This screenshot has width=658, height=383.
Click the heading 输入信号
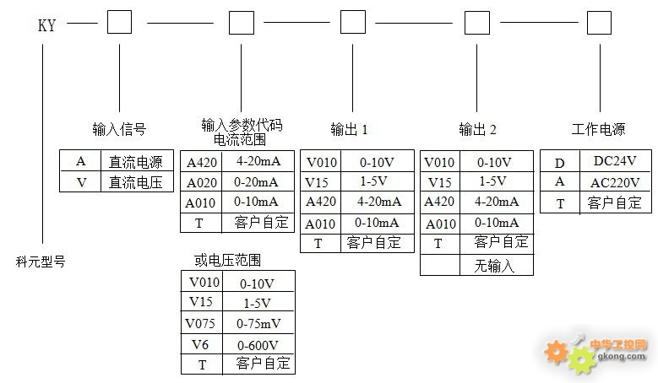pyautogui.click(x=119, y=129)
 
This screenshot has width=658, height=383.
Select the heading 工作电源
pyautogui.click(x=598, y=129)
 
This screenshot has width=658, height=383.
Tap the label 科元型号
pyautogui.click(x=41, y=262)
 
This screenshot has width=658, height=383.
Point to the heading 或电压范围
pyautogui.click(x=227, y=259)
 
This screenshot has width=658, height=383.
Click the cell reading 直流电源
pyautogui.click(x=135, y=161)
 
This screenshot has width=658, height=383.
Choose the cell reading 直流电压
pyautogui.click(x=135, y=181)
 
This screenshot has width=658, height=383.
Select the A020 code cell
pyautogui.click(x=201, y=182)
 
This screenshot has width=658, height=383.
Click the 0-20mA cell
pyautogui.click(x=258, y=182)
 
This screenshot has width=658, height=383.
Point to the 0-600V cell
pyautogui.click(x=258, y=344)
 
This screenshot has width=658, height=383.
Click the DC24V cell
pyautogui.click(x=614, y=161)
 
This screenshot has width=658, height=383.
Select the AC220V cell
pyautogui.click(x=616, y=182)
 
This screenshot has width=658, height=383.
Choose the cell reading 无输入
pyautogui.click(x=498, y=265)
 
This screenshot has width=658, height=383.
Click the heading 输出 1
pyautogui.click(x=349, y=129)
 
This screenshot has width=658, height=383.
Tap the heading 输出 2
pyautogui.click(x=477, y=129)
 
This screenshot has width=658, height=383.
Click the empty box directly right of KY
pyautogui.click(x=119, y=22)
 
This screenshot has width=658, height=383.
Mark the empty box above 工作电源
pyautogui.click(x=599, y=22)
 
